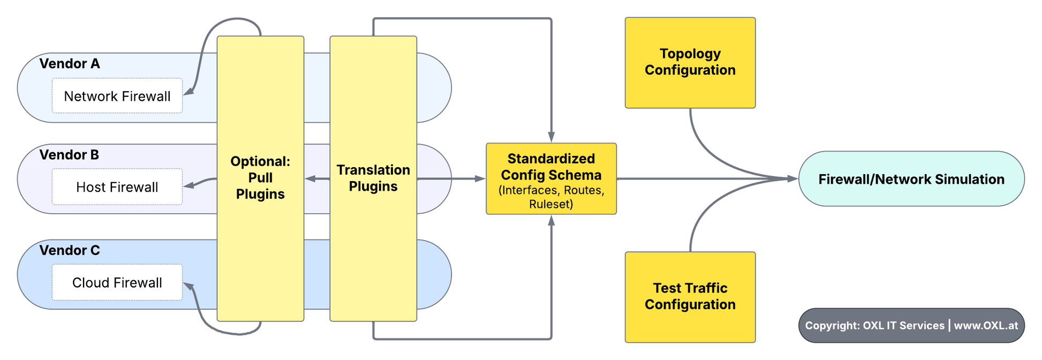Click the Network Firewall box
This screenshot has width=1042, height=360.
[x=117, y=96]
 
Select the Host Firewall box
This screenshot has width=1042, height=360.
[x=117, y=187]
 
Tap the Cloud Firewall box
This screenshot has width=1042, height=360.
[x=117, y=282]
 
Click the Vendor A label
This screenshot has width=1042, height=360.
[x=70, y=64]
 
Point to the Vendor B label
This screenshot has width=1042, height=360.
[x=69, y=155]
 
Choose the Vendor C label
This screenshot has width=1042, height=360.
[x=70, y=250]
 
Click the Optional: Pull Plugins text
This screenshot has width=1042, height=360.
[x=260, y=178]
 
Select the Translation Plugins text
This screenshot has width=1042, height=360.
[x=373, y=178]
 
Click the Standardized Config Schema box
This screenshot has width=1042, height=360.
[x=551, y=179]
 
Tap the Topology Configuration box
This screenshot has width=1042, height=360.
[x=690, y=62]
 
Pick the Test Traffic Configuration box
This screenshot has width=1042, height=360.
[x=690, y=297]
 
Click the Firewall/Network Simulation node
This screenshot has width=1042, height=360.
[x=911, y=179]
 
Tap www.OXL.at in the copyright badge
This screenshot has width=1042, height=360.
[x=986, y=325]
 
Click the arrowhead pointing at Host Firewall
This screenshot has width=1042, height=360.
[x=188, y=186]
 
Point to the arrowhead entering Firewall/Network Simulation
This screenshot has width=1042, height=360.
[x=792, y=179]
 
